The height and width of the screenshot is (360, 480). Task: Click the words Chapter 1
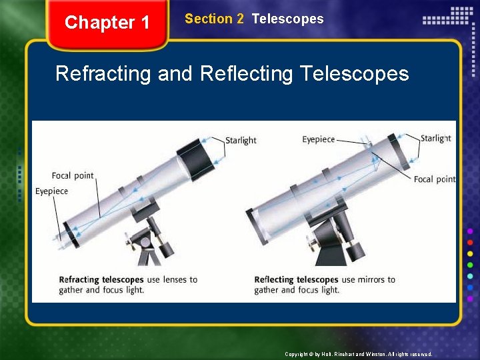(x=107, y=23)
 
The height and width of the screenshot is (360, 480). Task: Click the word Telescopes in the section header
(x=287, y=19)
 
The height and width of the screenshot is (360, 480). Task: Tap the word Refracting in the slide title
(x=103, y=73)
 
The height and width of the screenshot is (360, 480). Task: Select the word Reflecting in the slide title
(x=246, y=73)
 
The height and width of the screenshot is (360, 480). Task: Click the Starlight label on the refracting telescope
(x=241, y=140)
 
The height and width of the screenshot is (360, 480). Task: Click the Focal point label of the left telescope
(x=73, y=176)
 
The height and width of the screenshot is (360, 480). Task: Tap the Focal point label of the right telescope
(x=434, y=179)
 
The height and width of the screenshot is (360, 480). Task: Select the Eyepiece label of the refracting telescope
(x=51, y=191)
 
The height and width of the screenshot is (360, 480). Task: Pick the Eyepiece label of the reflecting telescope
(x=318, y=139)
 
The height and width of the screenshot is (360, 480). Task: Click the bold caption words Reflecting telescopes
(x=296, y=279)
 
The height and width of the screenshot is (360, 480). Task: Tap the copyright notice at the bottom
(x=358, y=354)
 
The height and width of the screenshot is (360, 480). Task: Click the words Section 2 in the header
(x=214, y=19)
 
